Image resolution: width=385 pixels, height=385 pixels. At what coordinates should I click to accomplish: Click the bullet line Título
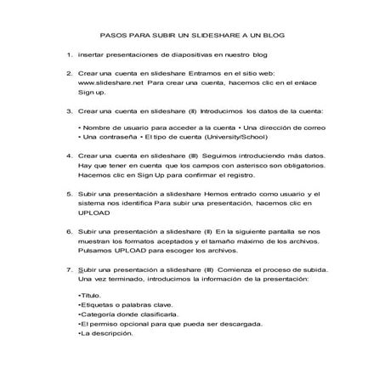pyautogui.click(x=88, y=294)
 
